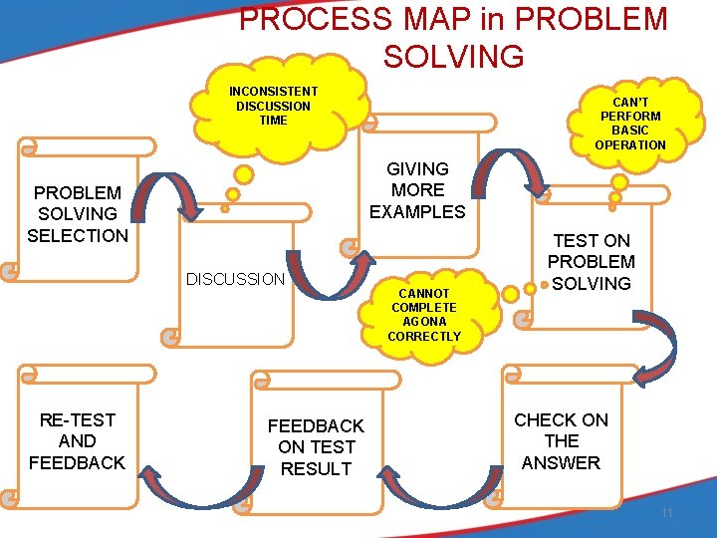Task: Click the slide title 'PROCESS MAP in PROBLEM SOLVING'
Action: coord(453,37)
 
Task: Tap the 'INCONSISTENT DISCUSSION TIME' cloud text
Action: coord(273,106)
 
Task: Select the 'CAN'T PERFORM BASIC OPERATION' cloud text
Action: coord(630,124)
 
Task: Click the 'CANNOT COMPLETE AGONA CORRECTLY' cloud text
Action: coord(424,315)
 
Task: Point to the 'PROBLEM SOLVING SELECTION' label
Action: coord(78,214)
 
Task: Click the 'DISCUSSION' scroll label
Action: coord(235,279)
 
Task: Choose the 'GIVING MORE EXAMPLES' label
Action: coord(417,190)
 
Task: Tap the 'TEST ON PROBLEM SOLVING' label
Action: coord(592,262)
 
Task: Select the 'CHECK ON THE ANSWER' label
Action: coord(561,441)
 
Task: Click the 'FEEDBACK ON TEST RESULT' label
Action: coord(316,447)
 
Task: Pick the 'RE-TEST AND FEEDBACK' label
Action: coord(78,441)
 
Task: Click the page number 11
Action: coord(667,512)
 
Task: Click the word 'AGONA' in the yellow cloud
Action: coord(424,322)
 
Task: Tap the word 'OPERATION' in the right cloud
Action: coord(630,145)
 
